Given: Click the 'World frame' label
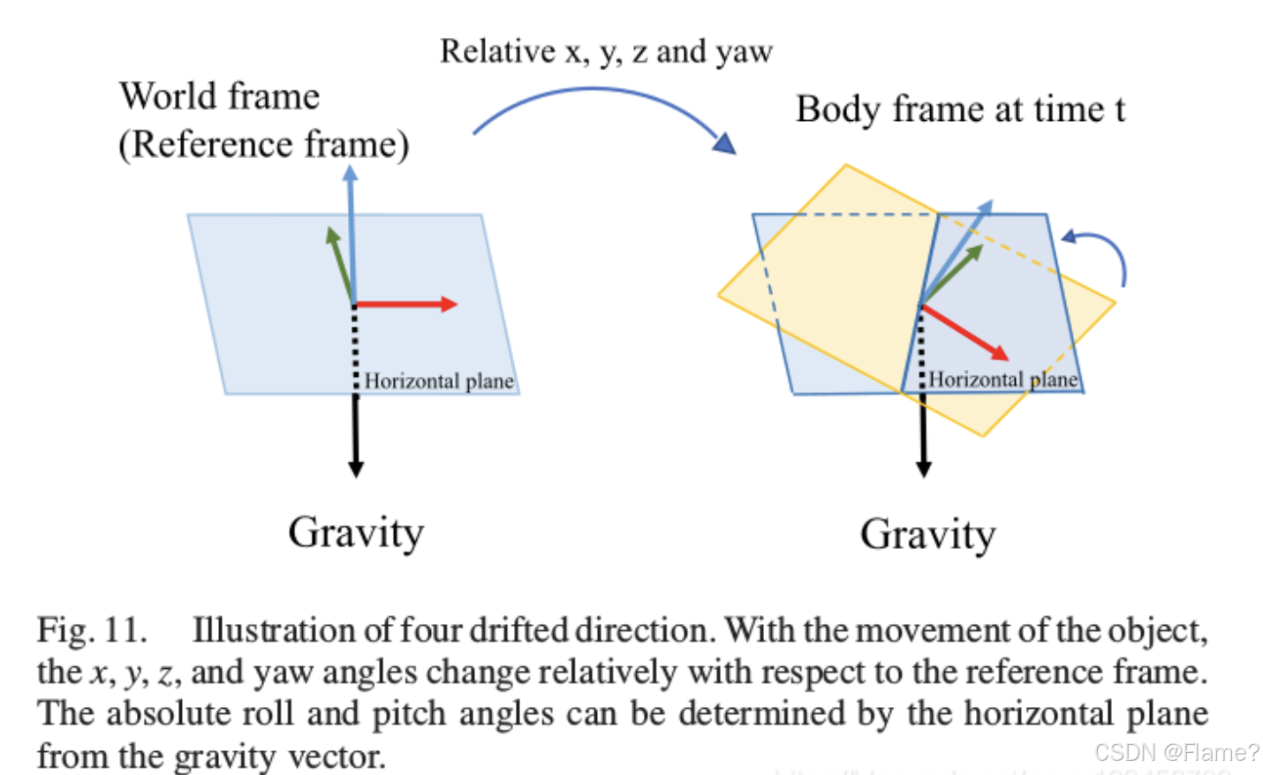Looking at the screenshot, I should tap(220, 96).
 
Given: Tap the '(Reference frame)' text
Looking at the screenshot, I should tap(264, 144).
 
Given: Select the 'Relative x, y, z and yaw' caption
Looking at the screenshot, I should tap(606, 51).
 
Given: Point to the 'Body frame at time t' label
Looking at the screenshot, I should tap(960, 109).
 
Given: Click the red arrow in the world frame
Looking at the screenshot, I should tap(406, 305).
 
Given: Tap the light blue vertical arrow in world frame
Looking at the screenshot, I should tap(351, 229).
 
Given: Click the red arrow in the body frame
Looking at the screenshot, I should tap(964, 332).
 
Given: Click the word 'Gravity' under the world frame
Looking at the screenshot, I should tap(356, 532).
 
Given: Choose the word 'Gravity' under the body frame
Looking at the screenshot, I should tap(927, 534).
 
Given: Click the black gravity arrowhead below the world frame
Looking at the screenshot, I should tap(356, 468).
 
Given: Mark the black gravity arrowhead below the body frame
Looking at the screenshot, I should tap(924, 468).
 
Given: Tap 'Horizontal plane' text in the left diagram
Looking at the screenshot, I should tap(439, 381).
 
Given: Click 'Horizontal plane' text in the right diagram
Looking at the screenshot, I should tap(1002, 380).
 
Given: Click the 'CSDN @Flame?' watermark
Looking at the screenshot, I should tap(1176, 752).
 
